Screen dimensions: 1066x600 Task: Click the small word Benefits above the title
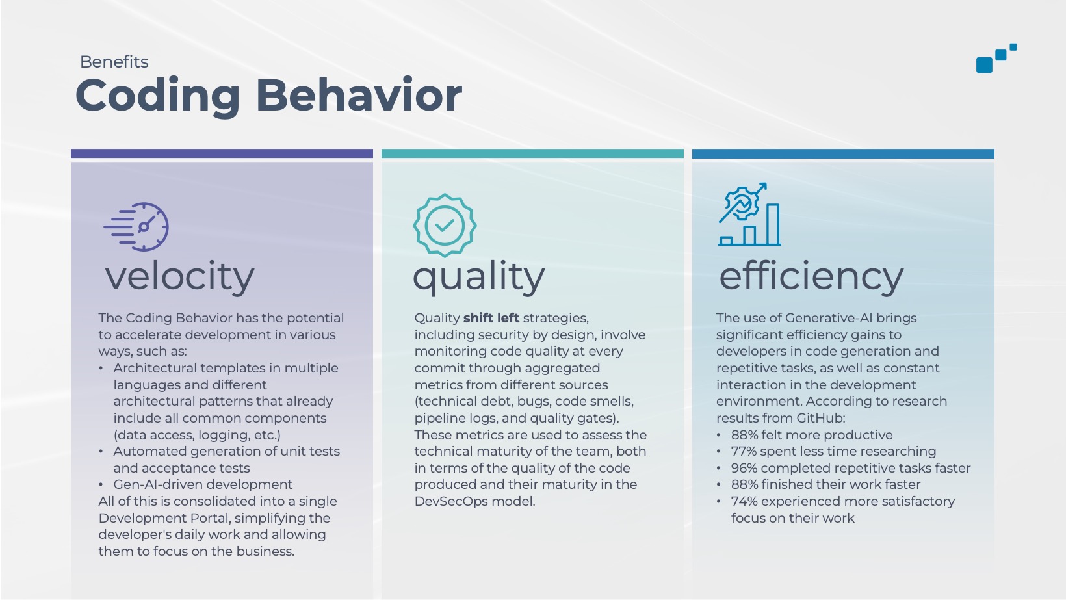114,62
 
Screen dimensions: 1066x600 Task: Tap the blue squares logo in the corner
996,58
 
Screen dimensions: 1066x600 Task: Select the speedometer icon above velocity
136,227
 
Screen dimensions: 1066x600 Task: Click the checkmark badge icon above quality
445,225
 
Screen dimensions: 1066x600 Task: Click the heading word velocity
180,276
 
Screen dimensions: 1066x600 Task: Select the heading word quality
479,276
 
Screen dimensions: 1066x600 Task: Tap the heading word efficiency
811,276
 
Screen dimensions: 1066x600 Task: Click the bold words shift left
491,318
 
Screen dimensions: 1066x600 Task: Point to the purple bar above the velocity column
222,153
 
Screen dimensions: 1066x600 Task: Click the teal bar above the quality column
532,153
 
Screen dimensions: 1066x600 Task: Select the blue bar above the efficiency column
843,153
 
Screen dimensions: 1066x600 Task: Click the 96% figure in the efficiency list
744,468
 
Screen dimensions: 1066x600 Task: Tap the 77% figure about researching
744,451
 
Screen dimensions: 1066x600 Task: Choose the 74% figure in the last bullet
744,501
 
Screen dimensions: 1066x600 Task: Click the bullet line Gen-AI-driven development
203,484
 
